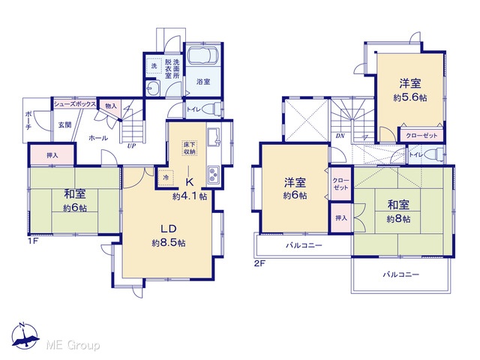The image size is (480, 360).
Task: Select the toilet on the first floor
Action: (x=214, y=109)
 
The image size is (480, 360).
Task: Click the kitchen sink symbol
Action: (x=213, y=136)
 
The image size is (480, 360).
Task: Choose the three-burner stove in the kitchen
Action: (x=213, y=175)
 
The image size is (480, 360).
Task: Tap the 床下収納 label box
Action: (x=190, y=148)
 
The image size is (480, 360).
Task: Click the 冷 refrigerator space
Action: (x=166, y=178)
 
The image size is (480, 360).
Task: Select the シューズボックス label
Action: (x=75, y=104)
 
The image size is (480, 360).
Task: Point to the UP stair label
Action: (x=131, y=146)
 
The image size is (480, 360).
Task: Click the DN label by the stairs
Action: (x=340, y=136)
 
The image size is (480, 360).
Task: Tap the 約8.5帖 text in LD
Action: (x=169, y=243)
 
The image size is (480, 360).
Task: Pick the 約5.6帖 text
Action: (x=410, y=97)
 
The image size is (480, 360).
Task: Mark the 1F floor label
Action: (x=33, y=241)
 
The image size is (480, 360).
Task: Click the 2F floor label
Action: (x=259, y=263)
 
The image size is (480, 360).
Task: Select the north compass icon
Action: (x=25, y=336)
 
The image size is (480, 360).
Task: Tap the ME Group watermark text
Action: (x=73, y=345)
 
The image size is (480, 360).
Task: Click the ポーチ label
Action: (x=28, y=120)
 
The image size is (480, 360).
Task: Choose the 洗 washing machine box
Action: (x=154, y=65)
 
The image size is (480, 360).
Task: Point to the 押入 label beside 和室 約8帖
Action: (x=341, y=218)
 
